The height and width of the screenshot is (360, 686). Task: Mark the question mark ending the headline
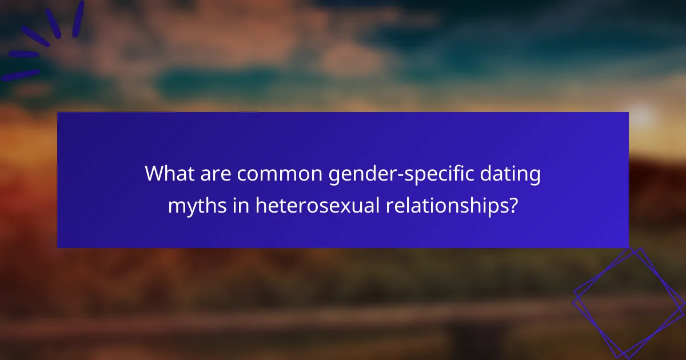pyautogui.click(x=513, y=205)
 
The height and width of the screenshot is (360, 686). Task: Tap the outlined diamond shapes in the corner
pyautogui.click(x=629, y=303)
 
